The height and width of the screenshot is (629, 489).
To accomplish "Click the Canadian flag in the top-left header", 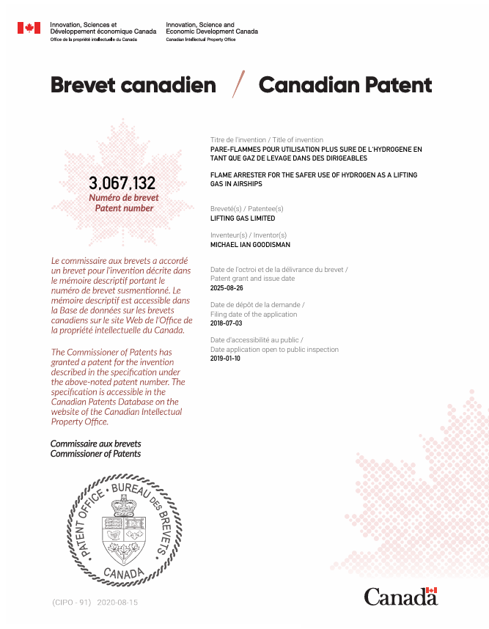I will (29, 28).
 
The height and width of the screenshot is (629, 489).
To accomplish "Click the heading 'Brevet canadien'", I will (133, 85).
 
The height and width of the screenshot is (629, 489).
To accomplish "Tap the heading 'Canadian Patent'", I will (345, 85).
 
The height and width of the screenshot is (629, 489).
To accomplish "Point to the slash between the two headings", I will (238, 85).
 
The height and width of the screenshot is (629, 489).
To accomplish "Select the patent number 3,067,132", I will (122, 183).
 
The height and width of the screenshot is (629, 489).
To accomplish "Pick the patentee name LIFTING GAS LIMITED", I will (243, 218).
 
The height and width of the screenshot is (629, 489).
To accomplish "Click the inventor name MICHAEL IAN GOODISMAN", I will (249, 245).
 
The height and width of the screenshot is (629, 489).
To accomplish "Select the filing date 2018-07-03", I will (225, 323).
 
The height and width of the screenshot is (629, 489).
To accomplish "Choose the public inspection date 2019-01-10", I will (225, 358).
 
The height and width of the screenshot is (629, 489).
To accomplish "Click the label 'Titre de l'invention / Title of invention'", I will (267, 139).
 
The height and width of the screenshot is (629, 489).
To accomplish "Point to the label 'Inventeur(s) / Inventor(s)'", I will (249, 235).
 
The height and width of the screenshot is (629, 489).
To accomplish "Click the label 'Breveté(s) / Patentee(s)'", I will (246, 209).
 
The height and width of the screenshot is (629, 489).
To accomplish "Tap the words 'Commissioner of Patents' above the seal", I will (95, 454).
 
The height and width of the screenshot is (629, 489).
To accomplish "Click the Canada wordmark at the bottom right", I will (400, 597).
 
